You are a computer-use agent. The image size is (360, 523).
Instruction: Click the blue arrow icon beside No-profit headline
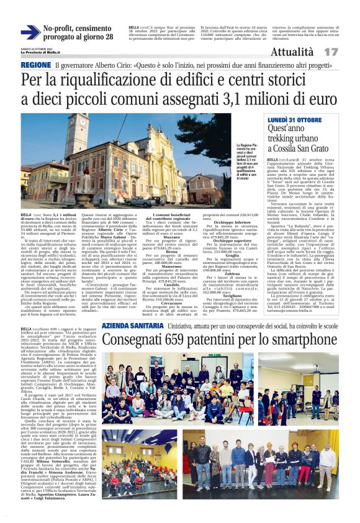(x=30, y=33)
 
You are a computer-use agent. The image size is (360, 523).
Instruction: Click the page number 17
(x=331, y=52)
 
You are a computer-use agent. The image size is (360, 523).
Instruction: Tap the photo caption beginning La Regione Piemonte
(x=246, y=161)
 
